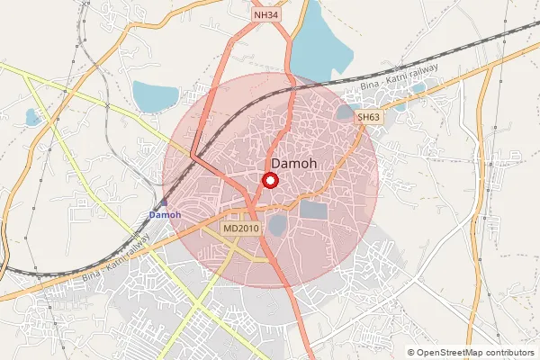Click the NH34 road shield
tap(266, 15)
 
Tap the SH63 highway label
tap(368, 117)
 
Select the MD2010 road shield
tap(241, 229)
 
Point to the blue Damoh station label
tap(165, 215)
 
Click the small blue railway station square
tap(165, 203)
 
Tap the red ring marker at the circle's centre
tap(269, 180)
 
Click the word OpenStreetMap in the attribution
tap(452, 353)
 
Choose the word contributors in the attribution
tap(510, 353)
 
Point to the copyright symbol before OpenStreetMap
tap(411, 353)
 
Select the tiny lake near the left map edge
tap(33, 117)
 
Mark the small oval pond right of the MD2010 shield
tap(277, 223)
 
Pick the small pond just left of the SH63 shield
tap(345, 112)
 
